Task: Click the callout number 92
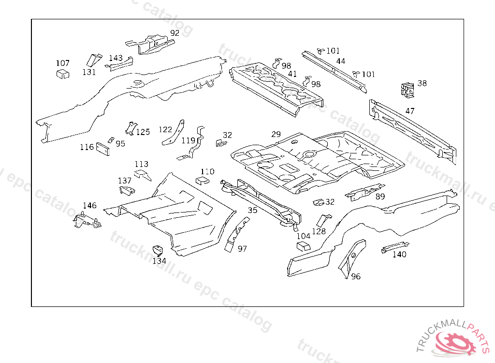tap(175, 33)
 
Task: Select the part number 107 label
tap(63, 63)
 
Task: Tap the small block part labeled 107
tap(62, 74)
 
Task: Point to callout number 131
tap(89, 72)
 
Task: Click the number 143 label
tap(116, 58)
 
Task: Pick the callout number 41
tap(292, 74)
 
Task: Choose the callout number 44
tap(341, 61)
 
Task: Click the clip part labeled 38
tap(408, 89)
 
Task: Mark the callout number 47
tap(410, 111)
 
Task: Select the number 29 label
tap(276, 134)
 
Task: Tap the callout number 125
tap(143, 132)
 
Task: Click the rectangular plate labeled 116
tap(103, 148)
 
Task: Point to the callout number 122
tap(165, 129)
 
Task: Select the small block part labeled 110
tap(202, 181)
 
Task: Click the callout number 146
tap(90, 206)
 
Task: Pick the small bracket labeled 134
tap(157, 251)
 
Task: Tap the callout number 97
tap(242, 249)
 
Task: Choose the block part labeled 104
tap(303, 246)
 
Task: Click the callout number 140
tap(399, 255)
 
